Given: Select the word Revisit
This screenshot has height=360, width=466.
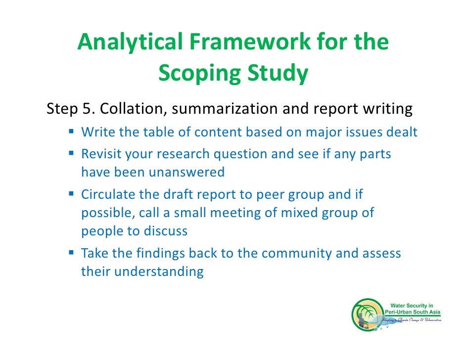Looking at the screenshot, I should [x=101, y=154].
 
